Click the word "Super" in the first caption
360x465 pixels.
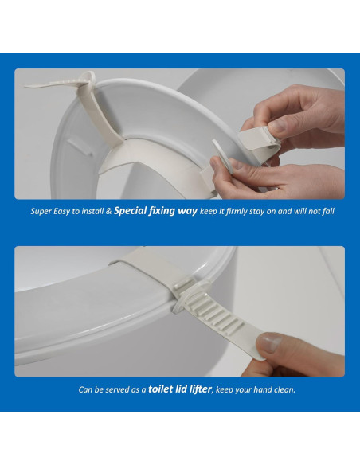coord(42,213)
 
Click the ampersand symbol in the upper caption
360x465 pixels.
coord(109,213)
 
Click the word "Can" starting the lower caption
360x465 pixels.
coord(86,390)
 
